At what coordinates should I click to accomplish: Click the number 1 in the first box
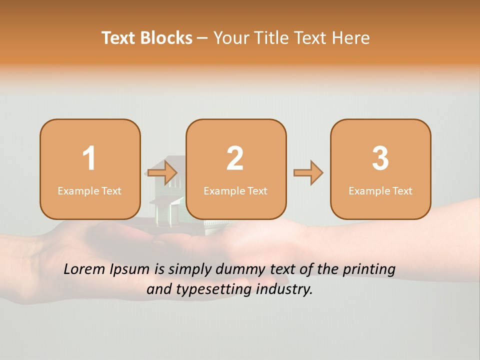[x=89, y=158]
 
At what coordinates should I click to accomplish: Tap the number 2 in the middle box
[x=235, y=158]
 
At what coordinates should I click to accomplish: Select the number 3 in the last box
[x=380, y=158]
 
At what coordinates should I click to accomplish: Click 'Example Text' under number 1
[x=89, y=191]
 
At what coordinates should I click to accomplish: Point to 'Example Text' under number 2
[x=235, y=191]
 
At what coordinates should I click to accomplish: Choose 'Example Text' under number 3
[x=380, y=191]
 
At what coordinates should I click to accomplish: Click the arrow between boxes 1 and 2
[x=163, y=173]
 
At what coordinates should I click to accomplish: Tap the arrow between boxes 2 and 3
[x=308, y=173]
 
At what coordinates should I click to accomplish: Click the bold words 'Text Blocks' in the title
[x=147, y=38]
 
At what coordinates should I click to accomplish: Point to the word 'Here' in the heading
[x=352, y=38]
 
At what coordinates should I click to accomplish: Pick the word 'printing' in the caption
[x=369, y=269]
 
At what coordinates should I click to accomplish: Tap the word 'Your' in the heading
[x=229, y=38]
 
